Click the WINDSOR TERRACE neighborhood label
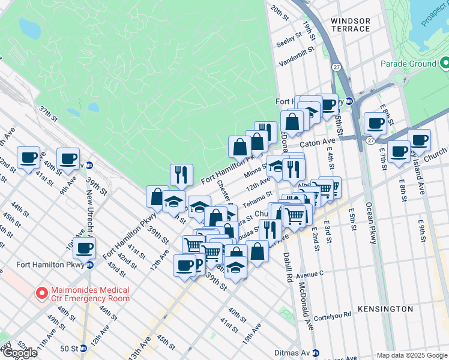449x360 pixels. tap(351, 25)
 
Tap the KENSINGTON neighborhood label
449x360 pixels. tap(384, 309)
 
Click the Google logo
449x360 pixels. tap(20, 353)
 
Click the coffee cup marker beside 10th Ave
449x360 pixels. tap(84, 247)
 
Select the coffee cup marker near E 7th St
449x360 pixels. tap(399, 152)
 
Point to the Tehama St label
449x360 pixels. tap(258, 197)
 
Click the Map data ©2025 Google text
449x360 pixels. tap(412, 355)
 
